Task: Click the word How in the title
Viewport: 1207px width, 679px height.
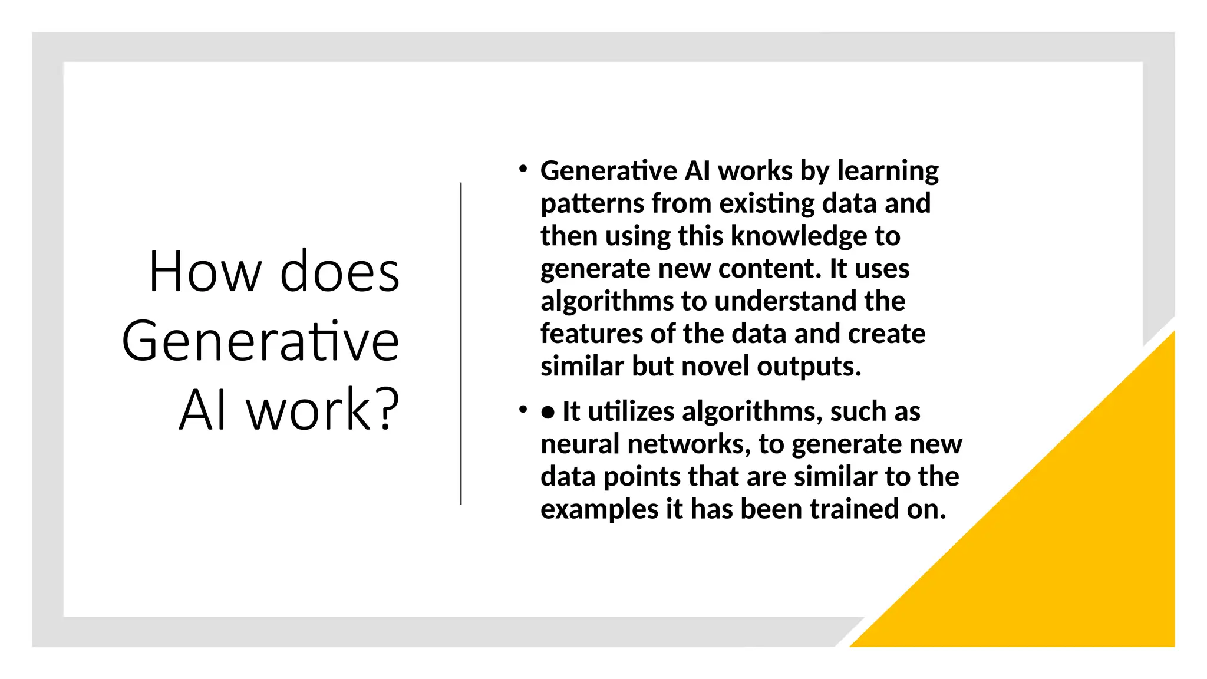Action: pyautogui.click(x=205, y=272)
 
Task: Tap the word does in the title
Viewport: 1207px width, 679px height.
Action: pyautogui.click(x=340, y=272)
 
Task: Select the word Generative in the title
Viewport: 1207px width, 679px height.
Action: pyautogui.click(x=260, y=341)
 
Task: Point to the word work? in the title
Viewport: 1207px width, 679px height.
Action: pyautogui.click(x=323, y=410)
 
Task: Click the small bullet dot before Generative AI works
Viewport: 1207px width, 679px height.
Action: pyautogui.click(x=522, y=170)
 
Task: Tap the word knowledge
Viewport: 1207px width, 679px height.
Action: pyautogui.click(x=799, y=236)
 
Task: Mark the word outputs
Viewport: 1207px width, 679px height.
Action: pyautogui.click(x=809, y=367)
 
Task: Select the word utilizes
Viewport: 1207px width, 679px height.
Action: pyautogui.click(x=631, y=411)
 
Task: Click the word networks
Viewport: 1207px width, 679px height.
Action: pyautogui.click(x=689, y=444)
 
